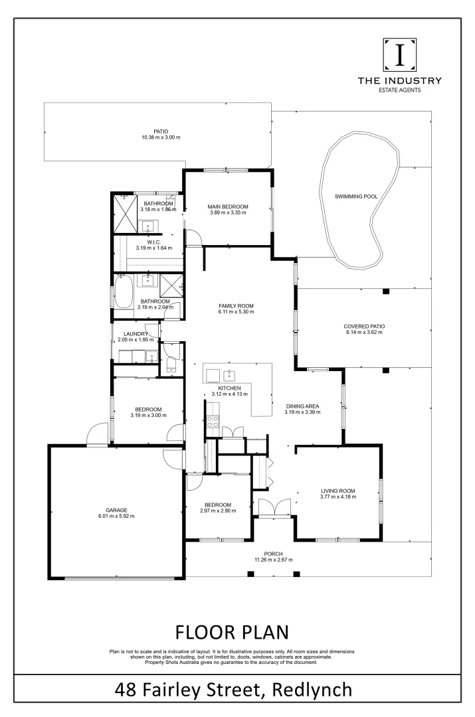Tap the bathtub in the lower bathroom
coord(124,292)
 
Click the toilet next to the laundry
coord(170,360)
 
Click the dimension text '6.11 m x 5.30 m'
coord(236,313)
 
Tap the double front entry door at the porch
coord(273,507)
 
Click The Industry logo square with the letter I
coord(400,55)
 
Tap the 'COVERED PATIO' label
coord(364,326)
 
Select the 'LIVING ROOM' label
coord(338,491)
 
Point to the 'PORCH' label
coord(273,554)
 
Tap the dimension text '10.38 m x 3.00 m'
coord(160,137)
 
